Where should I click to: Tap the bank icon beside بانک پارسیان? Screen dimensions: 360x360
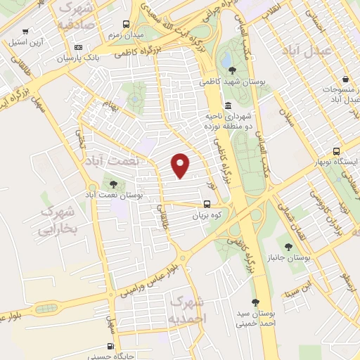point(77,47)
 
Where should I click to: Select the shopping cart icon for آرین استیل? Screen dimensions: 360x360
point(26,31)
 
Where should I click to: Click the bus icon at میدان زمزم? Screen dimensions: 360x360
point(125,23)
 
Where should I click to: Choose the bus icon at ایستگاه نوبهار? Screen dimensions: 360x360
point(337,151)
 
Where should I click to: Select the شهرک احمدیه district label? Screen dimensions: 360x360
point(188,309)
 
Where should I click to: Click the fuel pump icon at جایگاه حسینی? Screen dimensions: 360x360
point(110,345)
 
